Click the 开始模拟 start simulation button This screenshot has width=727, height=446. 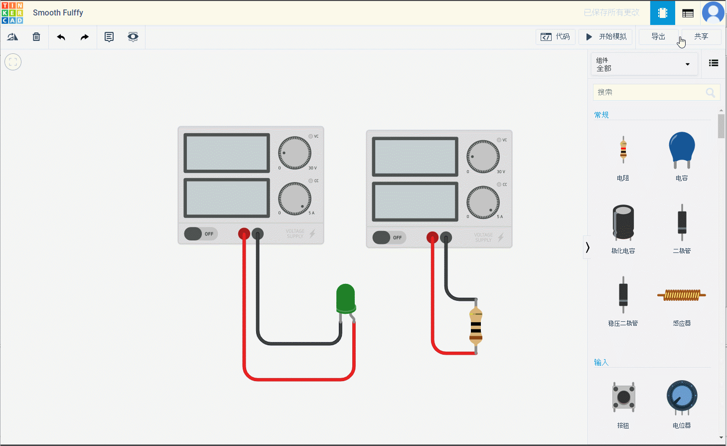[x=605, y=37]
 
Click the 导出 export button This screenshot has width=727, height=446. [x=658, y=37]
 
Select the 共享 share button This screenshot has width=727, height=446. [x=701, y=37]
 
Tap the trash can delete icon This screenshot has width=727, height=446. [x=36, y=37]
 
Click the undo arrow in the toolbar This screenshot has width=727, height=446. [x=61, y=37]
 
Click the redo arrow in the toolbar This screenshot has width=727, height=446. [x=85, y=37]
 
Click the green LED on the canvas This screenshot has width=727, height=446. [x=345, y=298]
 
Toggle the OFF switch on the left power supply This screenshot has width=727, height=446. [x=201, y=233]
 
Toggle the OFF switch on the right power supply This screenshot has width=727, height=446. [x=389, y=237]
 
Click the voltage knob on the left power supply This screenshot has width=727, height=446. [x=294, y=153]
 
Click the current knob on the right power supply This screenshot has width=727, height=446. [x=483, y=202]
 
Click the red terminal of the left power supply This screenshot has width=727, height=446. [x=244, y=233]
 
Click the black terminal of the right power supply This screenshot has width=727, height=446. [x=446, y=237]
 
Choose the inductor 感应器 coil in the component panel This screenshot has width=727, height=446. [x=682, y=295]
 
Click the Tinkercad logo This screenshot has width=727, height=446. [x=12, y=12]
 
